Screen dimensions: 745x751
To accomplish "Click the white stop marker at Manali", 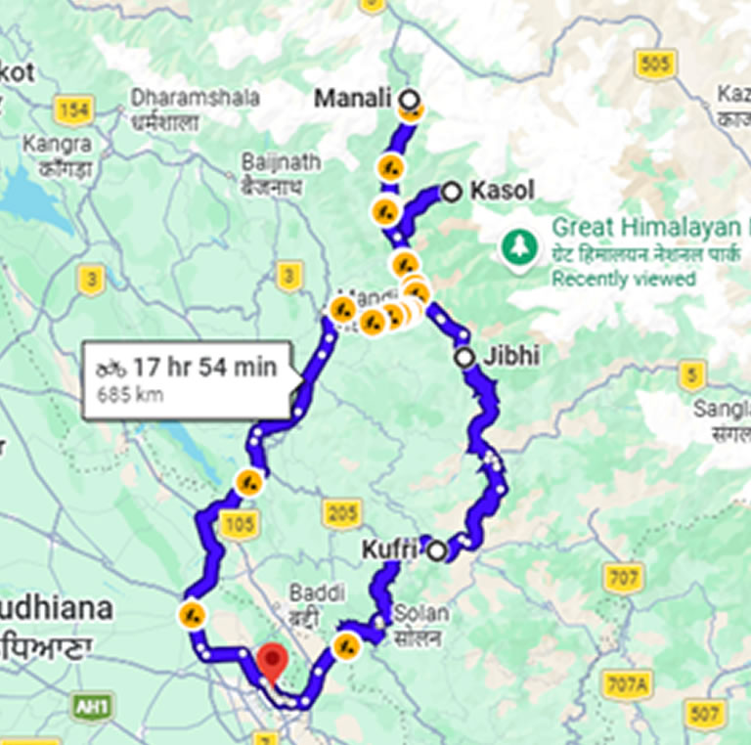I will click(x=410, y=99).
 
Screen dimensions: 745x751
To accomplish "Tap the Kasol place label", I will click(x=502, y=191).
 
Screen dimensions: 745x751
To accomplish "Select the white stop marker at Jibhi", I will click(x=464, y=358).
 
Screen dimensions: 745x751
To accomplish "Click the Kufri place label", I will click(x=389, y=549).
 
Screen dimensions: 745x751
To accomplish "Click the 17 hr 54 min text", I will click(x=204, y=368).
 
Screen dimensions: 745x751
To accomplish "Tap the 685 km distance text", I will click(x=130, y=396).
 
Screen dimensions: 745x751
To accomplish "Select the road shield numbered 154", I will click(x=74, y=110).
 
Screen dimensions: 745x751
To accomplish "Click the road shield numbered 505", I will click(x=653, y=65).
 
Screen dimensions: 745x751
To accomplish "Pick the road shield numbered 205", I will click(x=341, y=512).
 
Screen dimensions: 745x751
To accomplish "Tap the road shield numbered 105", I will click(x=240, y=524).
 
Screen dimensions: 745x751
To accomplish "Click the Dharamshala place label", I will click(x=196, y=98).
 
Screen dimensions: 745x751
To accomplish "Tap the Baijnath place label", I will click(x=267, y=162).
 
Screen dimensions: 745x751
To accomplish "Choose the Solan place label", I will click(x=421, y=614).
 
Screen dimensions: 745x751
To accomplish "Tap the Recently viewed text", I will click(x=624, y=279).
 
